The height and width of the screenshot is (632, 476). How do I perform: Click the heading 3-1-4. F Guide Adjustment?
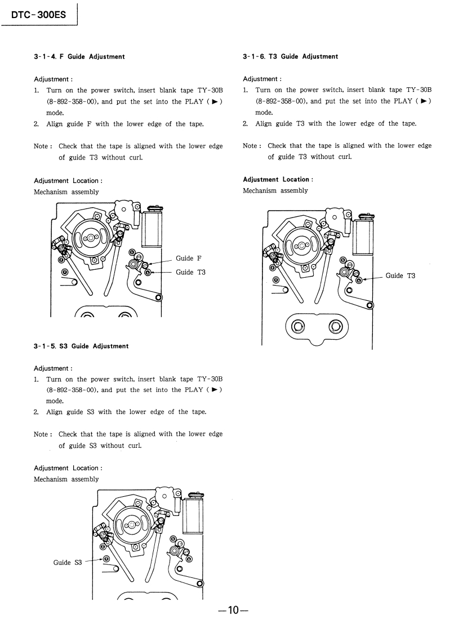[x=79, y=56]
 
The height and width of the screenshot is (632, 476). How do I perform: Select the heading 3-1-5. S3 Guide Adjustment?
[x=81, y=346]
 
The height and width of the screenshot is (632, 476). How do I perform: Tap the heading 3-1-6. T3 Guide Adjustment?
[x=291, y=56]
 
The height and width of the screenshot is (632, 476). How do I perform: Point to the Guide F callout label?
[x=188, y=259]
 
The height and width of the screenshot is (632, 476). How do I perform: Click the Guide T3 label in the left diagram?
[x=190, y=272]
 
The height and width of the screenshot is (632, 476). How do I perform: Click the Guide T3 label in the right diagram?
[x=400, y=275]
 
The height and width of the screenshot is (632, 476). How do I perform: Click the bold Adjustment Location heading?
[x=278, y=180]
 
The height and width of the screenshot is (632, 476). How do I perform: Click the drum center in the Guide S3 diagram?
[x=132, y=525]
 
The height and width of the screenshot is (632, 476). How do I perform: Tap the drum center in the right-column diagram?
[x=302, y=246]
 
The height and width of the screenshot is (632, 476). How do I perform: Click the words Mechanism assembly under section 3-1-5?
[x=66, y=479]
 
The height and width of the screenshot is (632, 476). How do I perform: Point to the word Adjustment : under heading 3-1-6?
[x=262, y=79]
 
